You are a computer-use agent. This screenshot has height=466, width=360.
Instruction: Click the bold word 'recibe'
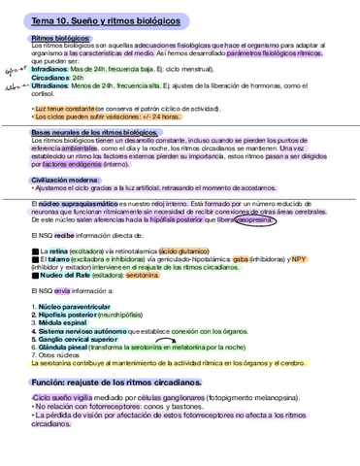[x=64, y=235]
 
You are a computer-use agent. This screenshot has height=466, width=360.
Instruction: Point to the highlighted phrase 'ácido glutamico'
[x=195, y=250]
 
